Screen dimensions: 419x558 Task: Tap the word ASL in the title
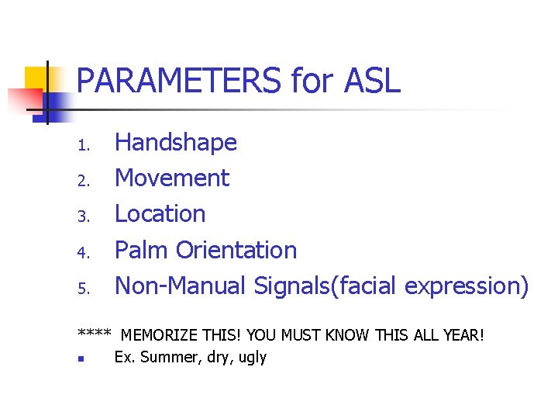point(370,81)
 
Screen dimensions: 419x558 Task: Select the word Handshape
point(176,143)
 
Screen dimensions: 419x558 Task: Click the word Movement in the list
point(172,178)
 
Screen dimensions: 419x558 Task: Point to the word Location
point(160,214)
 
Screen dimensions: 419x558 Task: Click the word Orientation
point(236,250)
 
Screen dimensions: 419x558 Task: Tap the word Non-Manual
point(181,286)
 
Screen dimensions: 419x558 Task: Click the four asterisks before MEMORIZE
point(94,334)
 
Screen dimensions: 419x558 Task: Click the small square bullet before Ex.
point(81,359)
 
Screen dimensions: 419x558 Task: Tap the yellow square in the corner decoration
point(34,78)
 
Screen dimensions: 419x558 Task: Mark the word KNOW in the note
point(349,336)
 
